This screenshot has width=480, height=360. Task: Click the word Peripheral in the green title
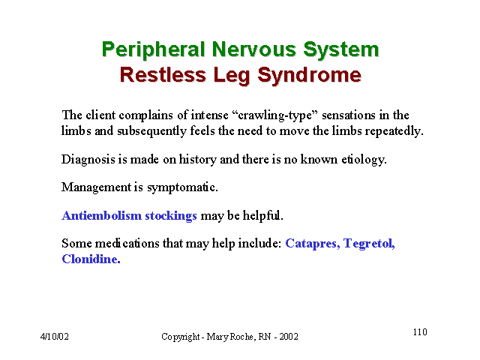tap(153, 50)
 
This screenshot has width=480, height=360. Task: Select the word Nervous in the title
tap(253, 49)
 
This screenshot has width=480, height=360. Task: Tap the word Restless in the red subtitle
tap(163, 75)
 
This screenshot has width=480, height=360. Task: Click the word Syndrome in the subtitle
tap(309, 76)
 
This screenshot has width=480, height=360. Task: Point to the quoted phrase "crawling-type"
tap(275, 115)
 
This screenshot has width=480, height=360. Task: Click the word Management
tap(96, 187)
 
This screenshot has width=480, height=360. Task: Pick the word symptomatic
tap(182, 187)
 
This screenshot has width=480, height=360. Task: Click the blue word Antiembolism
tap(101, 215)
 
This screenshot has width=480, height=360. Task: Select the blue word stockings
tap(171, 216)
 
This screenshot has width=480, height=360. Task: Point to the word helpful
tap(263, 216)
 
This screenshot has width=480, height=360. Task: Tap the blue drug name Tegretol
tap(369, 244)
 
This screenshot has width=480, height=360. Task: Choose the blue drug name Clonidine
tap(91, 259)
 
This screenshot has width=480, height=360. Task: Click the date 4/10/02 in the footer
tap(55, 337)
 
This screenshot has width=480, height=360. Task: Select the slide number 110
tap(420, 332)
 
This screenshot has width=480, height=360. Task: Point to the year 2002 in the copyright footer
tap(288, 337)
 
